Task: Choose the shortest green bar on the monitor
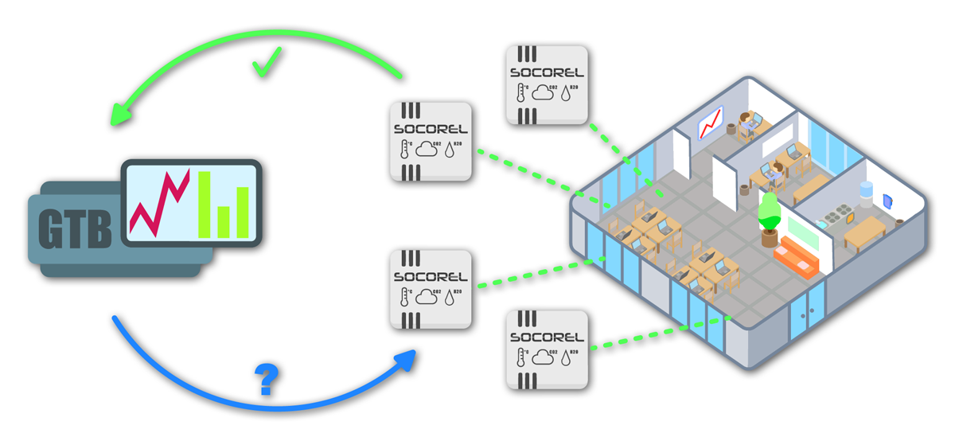tap(224, 222)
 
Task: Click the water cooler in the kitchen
tap(865, 191)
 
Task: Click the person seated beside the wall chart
tap(747, 123)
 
